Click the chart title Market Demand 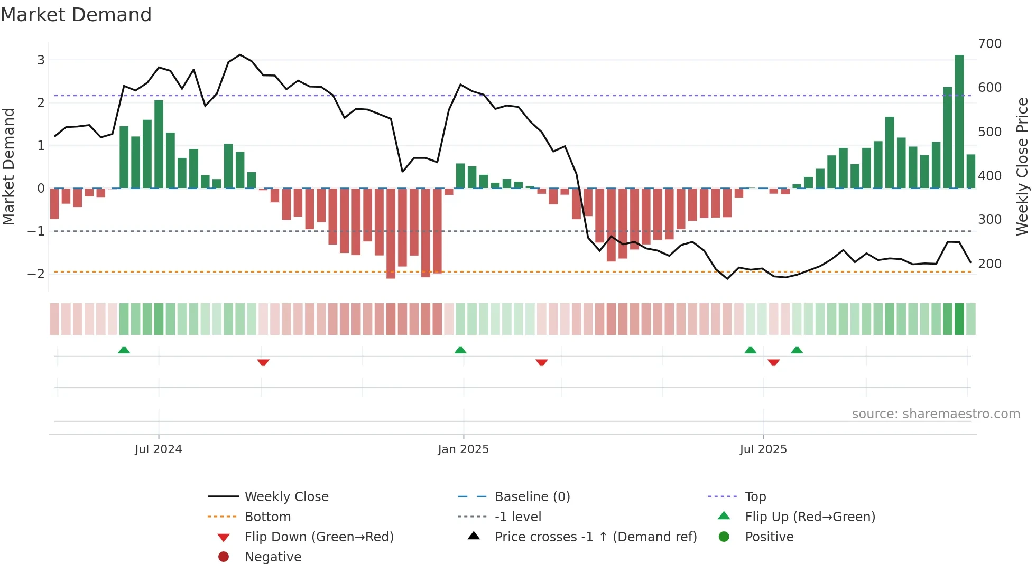point(76,15)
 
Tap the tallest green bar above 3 point(959,121)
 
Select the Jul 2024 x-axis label point(158,449)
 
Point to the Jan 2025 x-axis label point(464,449)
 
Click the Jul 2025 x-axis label point(763,449)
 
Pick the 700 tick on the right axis point(989,44)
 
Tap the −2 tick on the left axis point(36,274)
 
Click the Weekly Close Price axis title point(1022,166)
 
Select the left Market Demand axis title point(9,166)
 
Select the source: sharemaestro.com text point(936,414)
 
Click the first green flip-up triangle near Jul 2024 point(124,350)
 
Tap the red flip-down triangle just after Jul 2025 point(774,362)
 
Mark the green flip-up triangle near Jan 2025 point(460,350)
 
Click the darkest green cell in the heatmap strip point(959,319)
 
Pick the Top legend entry point(755,497)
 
